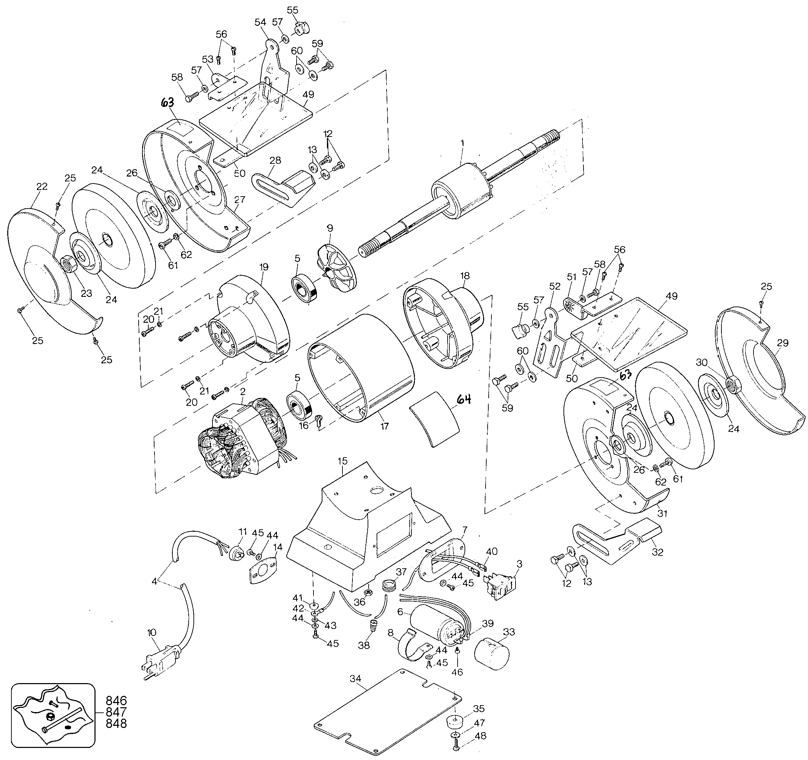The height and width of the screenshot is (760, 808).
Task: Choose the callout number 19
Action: coord(264,267)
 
